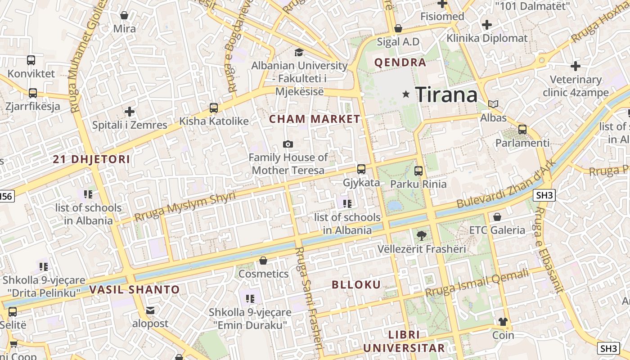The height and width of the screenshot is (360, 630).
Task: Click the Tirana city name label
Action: [x=446, y=94]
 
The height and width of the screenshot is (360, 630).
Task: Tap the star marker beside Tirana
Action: [x=406, y=94]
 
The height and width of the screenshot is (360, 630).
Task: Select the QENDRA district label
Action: [x=400, y=63]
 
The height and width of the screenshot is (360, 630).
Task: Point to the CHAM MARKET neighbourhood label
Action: [x=315, y=119]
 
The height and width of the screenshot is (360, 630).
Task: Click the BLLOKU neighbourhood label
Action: [x=356, y=284]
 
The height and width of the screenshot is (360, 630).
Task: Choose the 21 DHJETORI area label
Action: [x=91, y=159]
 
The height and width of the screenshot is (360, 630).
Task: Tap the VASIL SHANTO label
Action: [x=135, y=289]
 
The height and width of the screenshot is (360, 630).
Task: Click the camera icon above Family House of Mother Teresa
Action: [x=288, y=144]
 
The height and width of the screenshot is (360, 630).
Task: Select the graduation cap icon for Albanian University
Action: [x=299, y=53]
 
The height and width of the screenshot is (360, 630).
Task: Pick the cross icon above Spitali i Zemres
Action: [x=130, y=111]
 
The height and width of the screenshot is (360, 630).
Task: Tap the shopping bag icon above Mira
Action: [x=124, y=16]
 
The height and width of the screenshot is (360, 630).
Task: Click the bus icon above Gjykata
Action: [x=361, y=169]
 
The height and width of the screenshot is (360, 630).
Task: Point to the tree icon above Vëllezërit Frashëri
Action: [x=422, y=235]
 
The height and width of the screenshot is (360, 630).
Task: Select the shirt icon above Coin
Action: [x=503, y=322]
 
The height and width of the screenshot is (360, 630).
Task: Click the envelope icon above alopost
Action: [x=150, y=310]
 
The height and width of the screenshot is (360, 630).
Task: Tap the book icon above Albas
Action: [x=493, y=104]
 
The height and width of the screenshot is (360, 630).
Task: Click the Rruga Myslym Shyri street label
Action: [x=185, y=207]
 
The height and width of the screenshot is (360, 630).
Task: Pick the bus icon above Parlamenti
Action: [x=522, y=130]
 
